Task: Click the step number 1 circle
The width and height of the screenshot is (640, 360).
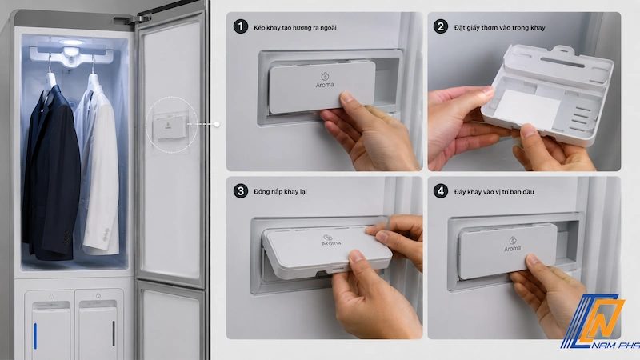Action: point(241,27)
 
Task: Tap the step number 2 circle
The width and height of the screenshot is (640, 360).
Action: point(441,27)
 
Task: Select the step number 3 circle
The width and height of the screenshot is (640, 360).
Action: point(241,191)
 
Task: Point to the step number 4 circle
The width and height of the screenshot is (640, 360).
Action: point(441,191)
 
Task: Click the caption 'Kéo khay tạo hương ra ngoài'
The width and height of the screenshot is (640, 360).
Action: point(295,28)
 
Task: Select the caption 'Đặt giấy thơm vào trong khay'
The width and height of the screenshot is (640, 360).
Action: point(499,28)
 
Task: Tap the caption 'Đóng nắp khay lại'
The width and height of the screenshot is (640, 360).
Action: point(280,192)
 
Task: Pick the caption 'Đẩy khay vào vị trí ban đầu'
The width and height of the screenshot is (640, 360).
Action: point(494,192)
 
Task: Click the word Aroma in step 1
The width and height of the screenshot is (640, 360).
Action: point(325,85)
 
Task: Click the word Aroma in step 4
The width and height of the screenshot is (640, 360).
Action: point(512,249)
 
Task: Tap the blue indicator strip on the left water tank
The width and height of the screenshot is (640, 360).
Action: point(35,336)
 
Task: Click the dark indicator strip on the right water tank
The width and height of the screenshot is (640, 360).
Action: point(114,334)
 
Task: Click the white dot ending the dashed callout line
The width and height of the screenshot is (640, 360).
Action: point(217,124)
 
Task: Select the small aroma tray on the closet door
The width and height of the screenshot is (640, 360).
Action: point(170,126)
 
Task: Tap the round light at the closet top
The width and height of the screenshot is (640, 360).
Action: point(71,42)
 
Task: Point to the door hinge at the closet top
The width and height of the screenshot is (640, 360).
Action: point(133,19)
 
